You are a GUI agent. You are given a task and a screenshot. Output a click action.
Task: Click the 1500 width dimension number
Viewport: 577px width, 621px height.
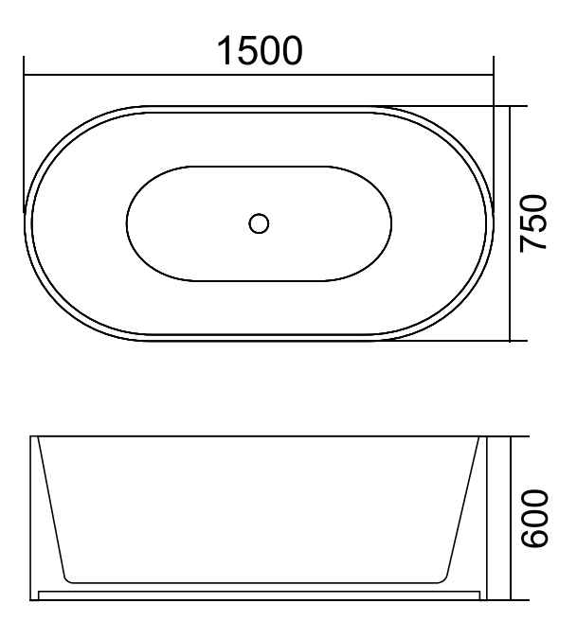coord(259,50)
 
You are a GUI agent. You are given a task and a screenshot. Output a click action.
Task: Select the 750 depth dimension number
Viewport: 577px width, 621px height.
coord(536,222)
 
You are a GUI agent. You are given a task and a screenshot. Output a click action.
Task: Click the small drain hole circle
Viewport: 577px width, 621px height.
coord(258,223)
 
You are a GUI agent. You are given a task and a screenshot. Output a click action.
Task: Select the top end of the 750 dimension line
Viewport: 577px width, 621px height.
coord(511,106)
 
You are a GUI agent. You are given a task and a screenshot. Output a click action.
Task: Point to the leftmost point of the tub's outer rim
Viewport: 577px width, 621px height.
coord(25,223)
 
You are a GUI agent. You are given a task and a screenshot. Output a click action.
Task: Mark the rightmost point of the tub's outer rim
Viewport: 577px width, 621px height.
coord(493,223)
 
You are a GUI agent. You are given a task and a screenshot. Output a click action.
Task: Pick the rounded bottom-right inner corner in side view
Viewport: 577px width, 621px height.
coord(446,577)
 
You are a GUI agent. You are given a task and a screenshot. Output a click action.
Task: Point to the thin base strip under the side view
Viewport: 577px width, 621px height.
coord(258,591)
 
